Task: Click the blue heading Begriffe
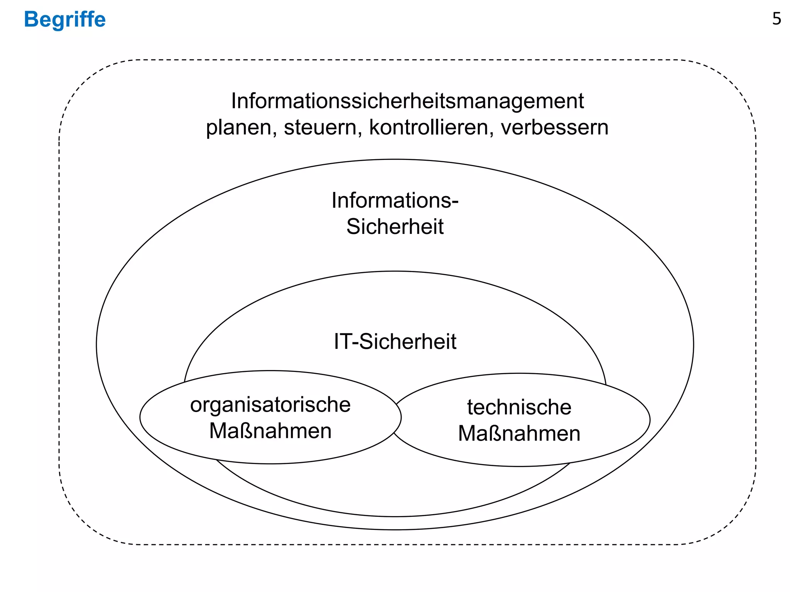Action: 65,19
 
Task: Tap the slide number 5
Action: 776,19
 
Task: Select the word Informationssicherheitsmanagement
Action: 407,101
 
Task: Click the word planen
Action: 240,128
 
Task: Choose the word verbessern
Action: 554,127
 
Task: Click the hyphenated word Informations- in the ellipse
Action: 395,200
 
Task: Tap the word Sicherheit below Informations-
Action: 395,227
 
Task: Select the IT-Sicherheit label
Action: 395,341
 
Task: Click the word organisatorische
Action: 270,405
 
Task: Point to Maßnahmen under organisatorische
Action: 270,431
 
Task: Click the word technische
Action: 519,407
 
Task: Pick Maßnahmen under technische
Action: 519,434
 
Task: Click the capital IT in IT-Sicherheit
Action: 341,341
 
